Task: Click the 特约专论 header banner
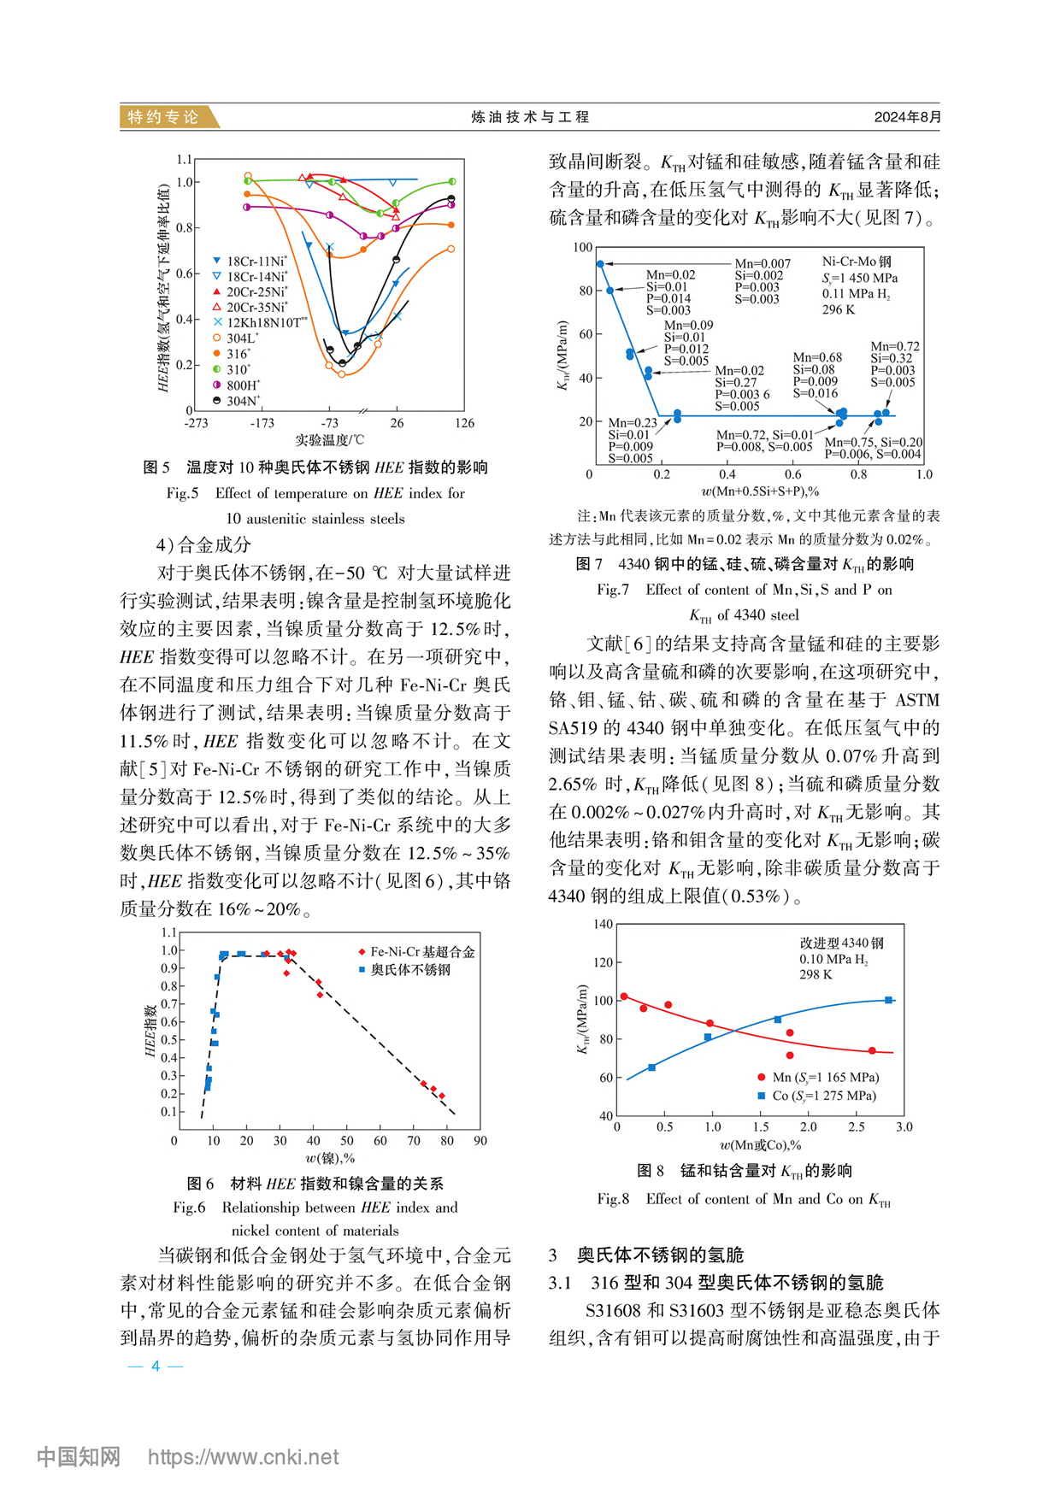(x=163, y=117)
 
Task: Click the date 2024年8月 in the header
(x=907, y=117)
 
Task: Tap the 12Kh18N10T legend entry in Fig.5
(x=262, y=323)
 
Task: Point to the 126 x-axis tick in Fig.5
(x=463, y=423)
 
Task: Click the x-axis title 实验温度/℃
(x=330, y=440)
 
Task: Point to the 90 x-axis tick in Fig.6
(x=480, y=1140)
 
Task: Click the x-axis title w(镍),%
(x=330, y=1158)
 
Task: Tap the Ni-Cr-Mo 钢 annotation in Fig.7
(x=857, y=262)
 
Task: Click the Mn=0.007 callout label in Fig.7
(x=763, y=264)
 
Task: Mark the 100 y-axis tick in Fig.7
(x=583, y=248)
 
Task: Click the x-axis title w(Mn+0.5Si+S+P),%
(x=760, y=491)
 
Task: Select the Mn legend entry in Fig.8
(x=824, y=1078)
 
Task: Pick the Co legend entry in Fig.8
(x=823, y=1096)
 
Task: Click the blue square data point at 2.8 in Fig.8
(x=889, y=1000)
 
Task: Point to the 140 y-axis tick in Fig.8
(x=603, y=924)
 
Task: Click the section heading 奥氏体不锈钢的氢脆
(x=659, y=1255)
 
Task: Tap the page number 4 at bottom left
(x=156, y=1366)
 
